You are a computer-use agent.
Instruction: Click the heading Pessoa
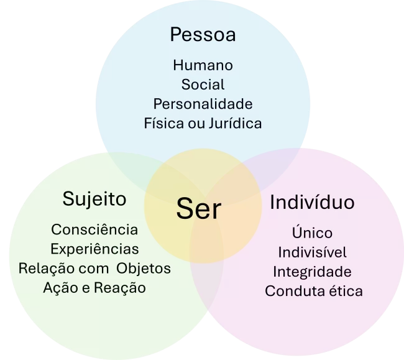(203, 35)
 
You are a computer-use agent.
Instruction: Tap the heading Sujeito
(94, 199)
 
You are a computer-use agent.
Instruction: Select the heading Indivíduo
(312, 203)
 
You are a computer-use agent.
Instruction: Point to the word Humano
(203, 65)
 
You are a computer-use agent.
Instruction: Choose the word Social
(203, 84)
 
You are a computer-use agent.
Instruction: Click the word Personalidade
(203, 103)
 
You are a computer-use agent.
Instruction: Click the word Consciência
(94, 229)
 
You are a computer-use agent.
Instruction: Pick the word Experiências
(94, 249)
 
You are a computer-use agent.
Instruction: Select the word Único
(312, 233)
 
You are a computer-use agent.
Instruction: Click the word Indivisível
(312, 252)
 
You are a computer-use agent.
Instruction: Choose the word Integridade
(312, 272)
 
